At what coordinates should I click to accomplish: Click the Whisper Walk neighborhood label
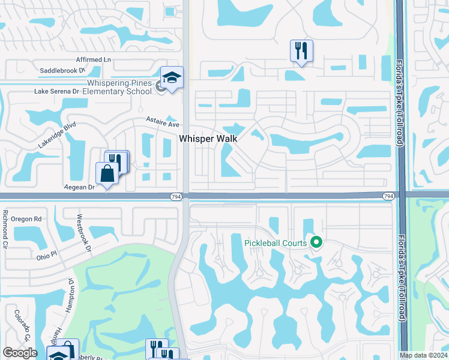[208, 139]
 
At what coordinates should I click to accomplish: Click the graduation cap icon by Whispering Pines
[172, 77]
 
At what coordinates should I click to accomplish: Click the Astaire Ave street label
[163, 124]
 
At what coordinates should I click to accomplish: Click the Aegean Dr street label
[80, 187]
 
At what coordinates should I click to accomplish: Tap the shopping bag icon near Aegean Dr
[107, 174]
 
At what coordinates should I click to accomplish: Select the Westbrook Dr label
[83, 234]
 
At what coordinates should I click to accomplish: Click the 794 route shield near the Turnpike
[388, 196]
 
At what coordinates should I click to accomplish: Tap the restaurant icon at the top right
[301, 50]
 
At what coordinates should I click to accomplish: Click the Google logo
[20, 353]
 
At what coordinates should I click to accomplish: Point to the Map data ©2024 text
[424, 355]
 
